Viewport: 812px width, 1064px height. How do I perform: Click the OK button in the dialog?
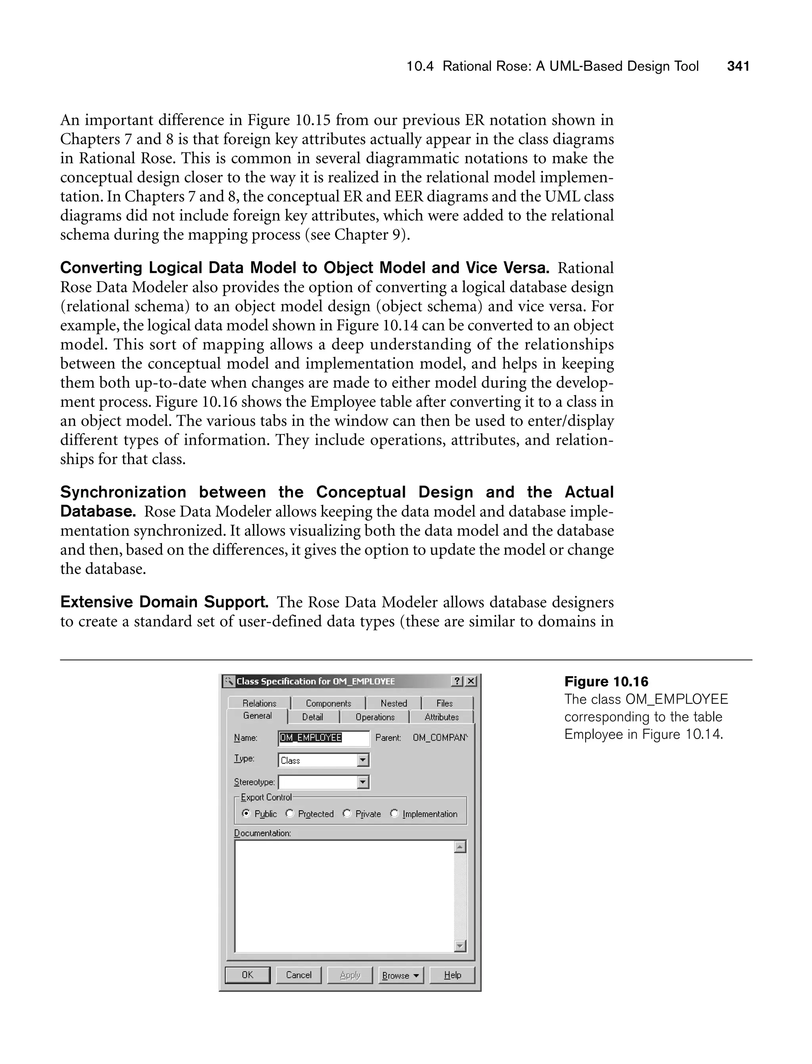[247, 975]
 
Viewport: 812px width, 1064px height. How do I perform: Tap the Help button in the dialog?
[452, 975]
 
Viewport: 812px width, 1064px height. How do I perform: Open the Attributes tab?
[441, 717]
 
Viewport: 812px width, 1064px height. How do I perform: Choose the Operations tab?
[375, 717]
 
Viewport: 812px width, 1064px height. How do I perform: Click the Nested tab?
[393, 703]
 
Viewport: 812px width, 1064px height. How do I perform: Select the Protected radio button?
[289, 814]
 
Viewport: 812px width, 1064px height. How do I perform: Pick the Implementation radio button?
[395, 814]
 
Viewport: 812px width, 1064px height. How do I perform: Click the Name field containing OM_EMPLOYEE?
[324, 737]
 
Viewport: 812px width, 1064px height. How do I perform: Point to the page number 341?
[738, 66]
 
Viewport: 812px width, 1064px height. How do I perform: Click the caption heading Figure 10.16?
[606, 682]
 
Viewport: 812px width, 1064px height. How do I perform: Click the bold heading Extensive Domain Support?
[164, 602]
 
